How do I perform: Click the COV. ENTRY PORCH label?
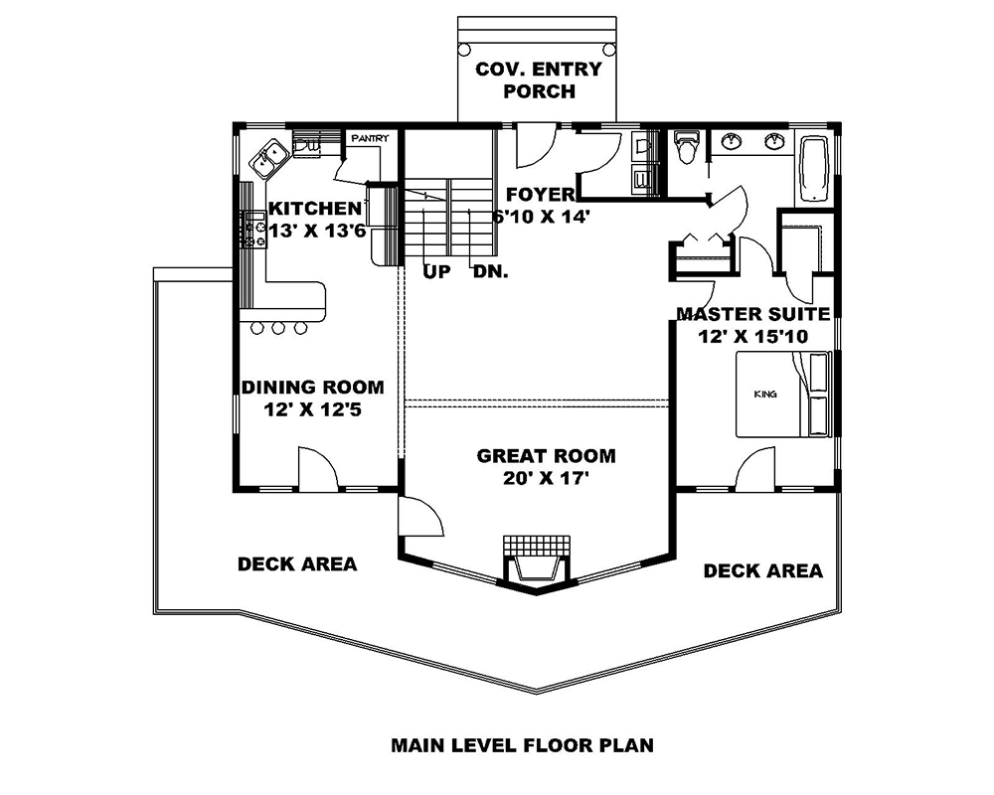[x=538, y=80]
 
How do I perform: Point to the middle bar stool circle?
[x=277, y=328]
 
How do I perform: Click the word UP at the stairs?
[x=433, y=270]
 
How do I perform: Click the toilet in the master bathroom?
[x=686, y=151]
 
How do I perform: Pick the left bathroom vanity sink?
[x=733, y=142]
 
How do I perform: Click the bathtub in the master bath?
[x=814, y=169]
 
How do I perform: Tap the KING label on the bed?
[x=764, y=395]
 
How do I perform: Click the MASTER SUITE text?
[x=752, y=314]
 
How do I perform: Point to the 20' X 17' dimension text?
[x=546, y=478]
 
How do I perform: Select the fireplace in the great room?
[x=536, y=561]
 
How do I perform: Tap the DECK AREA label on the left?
[x=296, y=564]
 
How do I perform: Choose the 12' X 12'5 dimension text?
[x=312, y=408]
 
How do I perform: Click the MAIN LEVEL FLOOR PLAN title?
[x=522, y=743]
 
